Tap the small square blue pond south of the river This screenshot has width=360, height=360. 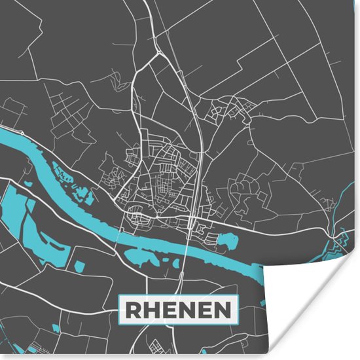point(79,266)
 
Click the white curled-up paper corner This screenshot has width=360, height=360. point(308,308)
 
